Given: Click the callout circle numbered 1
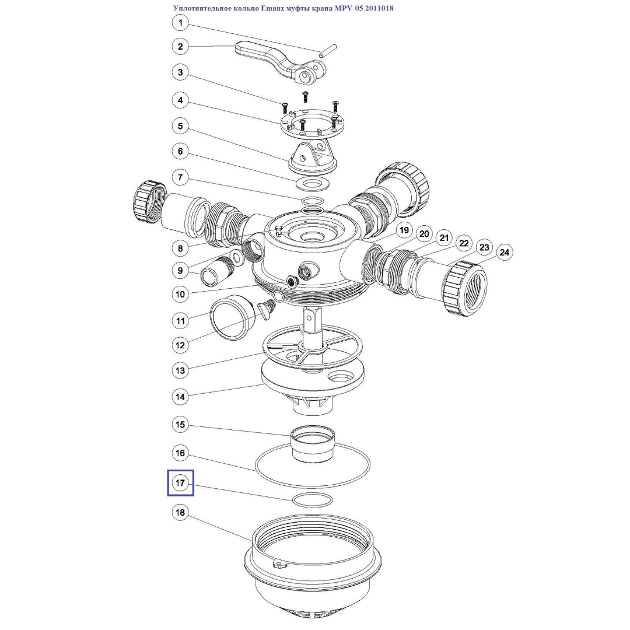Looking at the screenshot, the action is click(180, 23).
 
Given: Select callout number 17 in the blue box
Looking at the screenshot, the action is click(180, 482).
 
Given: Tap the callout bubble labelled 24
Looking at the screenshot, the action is click(504, 253).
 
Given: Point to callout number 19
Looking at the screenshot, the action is click(404, 230).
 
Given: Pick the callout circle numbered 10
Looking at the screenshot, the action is click(180, 295).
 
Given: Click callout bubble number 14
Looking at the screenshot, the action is click(180, 397).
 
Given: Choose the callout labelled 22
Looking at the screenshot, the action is click(464, 243).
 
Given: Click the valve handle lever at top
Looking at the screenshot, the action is click(277, 60).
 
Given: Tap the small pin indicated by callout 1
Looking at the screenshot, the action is click(327, 51).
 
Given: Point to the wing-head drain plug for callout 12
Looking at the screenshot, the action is click(266, 309).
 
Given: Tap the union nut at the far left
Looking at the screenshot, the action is click(149, 203).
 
